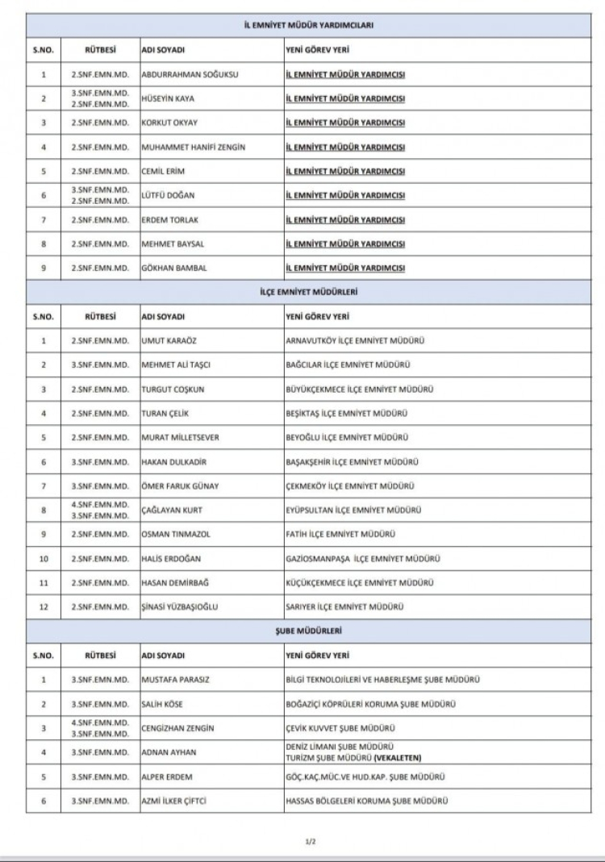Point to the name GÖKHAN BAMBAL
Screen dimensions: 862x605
tap(174, 268)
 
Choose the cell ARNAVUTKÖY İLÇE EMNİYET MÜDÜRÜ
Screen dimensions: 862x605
tap(356, 340)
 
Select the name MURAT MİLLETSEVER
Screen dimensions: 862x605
tap(180, 437)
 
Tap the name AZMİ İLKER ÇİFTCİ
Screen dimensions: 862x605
tap(178, 801)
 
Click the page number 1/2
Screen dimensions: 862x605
tap(309, 842)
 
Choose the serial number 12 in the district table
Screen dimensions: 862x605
tap(43, 606)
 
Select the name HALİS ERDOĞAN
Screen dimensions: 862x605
tap(173, 558)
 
